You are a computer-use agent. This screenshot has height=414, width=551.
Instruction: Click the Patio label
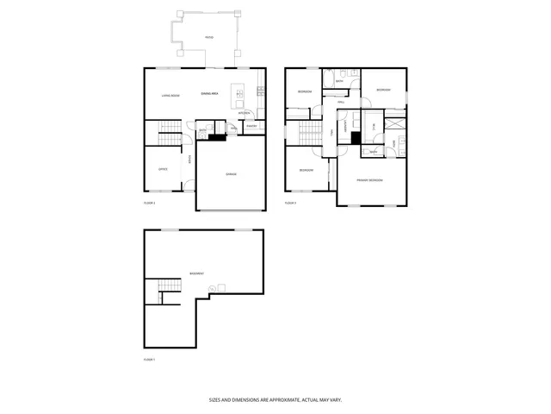(x=208, y=38)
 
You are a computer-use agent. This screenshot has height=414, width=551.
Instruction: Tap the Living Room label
(x=170, y=95)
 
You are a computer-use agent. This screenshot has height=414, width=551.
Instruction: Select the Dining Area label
(x=209, y=93)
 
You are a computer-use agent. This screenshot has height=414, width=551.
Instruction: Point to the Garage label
(x=231, y=174)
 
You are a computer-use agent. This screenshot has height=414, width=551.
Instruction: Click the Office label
(x=162, y=169)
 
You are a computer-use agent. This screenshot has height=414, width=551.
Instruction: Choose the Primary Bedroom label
(x=370, y=179)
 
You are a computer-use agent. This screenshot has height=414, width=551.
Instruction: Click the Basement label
(x=197, y=273)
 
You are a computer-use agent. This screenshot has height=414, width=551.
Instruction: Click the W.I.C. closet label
(x=373, y=127)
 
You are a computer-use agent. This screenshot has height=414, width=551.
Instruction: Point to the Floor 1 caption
(x=149, y=359)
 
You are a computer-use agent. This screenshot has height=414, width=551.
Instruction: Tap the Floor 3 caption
(x=290, y=203)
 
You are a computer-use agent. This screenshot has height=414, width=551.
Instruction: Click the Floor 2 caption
(x=149, y=202)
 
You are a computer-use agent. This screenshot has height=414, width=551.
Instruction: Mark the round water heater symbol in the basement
(x=221, y=288)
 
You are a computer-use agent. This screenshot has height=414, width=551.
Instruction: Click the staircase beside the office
(x=169, y=133)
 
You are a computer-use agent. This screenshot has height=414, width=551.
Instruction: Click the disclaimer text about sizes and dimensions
(x=275, y=399)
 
